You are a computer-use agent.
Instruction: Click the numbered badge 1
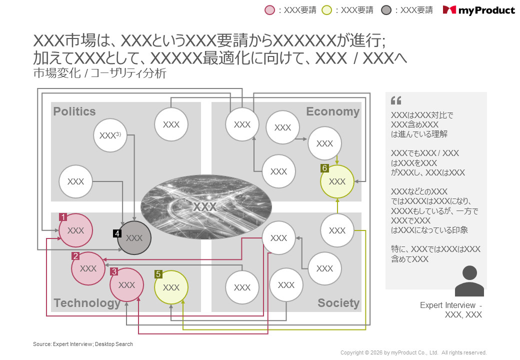click(63, 217)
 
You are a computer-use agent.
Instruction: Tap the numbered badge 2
click(75, 256)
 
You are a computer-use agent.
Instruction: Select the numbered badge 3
click(114, 271)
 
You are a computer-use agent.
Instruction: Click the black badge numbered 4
click(117, 233)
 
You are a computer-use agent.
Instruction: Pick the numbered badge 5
click(158, 274)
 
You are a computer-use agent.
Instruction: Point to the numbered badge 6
click(324, 168)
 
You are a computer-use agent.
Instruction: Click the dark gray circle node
click(134, 238)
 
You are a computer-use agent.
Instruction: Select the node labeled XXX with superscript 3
click(110, 135)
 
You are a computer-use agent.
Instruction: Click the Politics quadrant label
click(74, 111)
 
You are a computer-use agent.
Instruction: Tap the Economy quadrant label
click(332, 111)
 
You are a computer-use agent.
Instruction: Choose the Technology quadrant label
click(87, 303)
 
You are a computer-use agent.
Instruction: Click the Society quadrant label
click(338, 303)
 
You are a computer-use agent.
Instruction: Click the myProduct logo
click(478, 10)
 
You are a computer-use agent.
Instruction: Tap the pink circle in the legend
click(270, 10)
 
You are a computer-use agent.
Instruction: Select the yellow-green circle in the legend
click(327, 10)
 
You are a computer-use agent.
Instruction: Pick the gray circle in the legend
click(386, 10)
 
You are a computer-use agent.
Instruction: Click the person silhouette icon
click(469, 281)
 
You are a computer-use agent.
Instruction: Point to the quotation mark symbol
click(396, 100)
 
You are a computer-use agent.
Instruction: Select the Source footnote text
click(83, 344)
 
